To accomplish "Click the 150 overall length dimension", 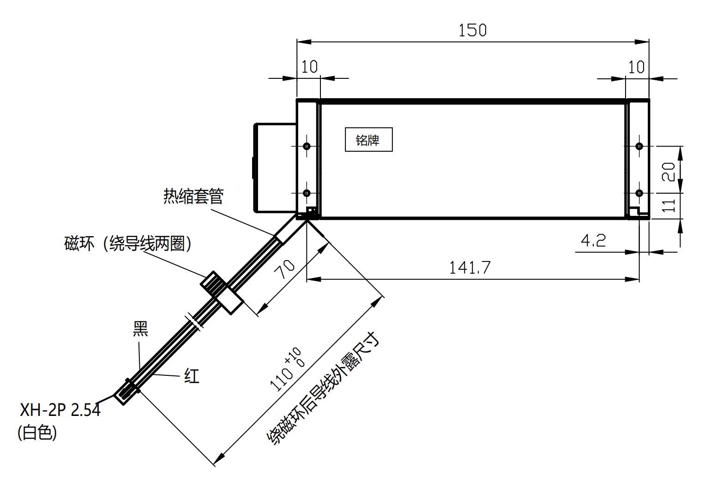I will [x=472, y=30].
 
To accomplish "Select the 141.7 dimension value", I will [x=470, y=268].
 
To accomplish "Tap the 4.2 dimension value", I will [x=593, y=241].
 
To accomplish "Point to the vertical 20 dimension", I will [x=669, y=171].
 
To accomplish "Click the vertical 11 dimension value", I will [x=669, y=206].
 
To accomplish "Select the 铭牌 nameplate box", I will [x=368, y=140].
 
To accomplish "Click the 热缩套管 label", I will [x=193, y=196].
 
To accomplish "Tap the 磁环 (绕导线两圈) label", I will [x=128, y=243].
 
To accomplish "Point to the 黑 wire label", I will [x=140, y=329].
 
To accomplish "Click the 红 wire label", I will [x=192, y=376].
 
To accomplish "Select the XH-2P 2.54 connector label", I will [x=60, y=409].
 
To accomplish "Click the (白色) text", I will [x=37, y=433].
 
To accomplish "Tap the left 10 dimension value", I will [x=309, y=67].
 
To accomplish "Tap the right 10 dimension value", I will [x=636, y=67].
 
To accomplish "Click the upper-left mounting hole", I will [x=307, y=146].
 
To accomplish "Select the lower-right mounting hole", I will [x=639, y=193].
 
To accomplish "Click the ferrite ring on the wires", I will [x=222, y=293].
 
